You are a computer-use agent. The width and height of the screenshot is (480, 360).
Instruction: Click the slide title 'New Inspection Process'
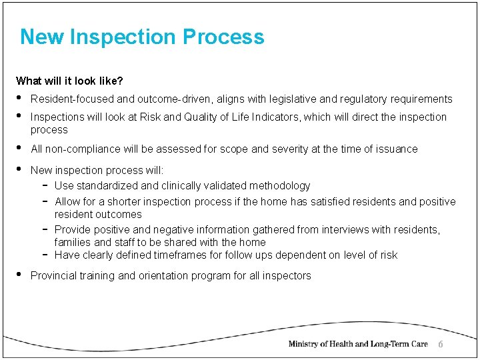[x=142, y=37]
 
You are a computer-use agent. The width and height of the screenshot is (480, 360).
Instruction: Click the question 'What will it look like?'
[x=69, y=81]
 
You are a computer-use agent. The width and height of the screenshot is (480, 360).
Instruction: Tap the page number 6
[x=440, y=344]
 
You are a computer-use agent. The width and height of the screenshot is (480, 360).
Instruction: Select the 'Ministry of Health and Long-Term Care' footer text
[x=357, y=344]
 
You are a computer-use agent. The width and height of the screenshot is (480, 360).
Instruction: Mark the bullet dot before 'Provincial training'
[x=20, y=275]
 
